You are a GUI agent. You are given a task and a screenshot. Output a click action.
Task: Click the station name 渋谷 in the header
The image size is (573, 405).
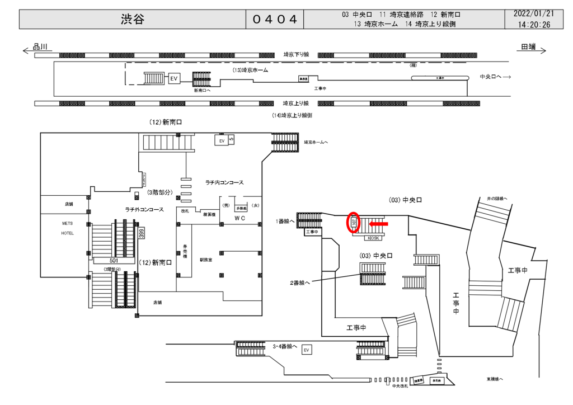point(133,20)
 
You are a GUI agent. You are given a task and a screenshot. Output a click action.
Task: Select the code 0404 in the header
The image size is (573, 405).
point(274,20)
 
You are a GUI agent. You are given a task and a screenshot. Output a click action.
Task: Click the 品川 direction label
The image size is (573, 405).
point(41,47)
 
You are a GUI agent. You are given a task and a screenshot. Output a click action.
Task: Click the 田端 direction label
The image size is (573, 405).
point(528,47)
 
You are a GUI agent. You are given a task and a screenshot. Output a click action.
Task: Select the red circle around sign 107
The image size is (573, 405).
point(353,222)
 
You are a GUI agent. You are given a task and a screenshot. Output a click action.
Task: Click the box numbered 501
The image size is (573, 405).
point(114,260)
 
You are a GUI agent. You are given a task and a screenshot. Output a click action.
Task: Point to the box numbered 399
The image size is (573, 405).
point(142,233)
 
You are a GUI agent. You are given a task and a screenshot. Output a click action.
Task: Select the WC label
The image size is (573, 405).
point(240,218)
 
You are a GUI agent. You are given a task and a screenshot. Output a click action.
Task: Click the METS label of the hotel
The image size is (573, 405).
point(67,223)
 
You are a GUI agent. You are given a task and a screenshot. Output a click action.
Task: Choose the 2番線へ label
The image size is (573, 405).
point(299,282)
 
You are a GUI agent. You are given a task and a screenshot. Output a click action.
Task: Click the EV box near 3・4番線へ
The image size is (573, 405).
point(306,350)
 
